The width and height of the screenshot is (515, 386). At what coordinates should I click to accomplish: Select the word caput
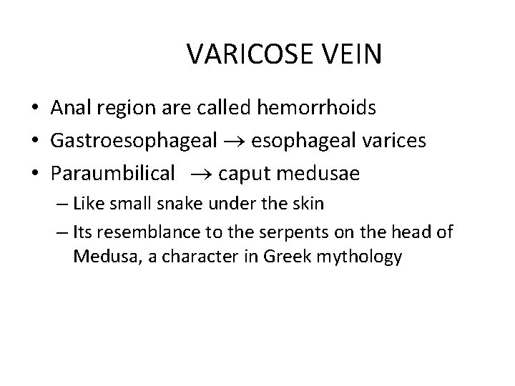tap(244, 174)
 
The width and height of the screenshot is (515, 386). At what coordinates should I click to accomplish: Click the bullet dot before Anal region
tap(35, 109)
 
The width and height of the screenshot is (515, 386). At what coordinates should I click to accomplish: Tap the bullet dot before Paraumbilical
tap(35, 174)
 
